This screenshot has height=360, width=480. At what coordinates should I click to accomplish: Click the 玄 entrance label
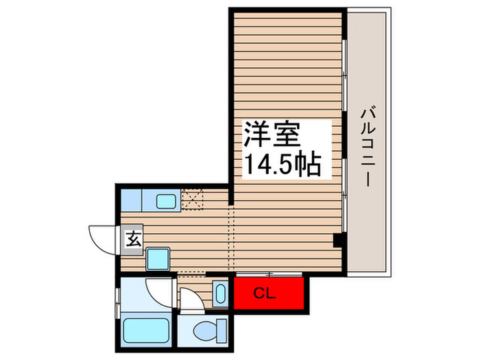click(133, 240)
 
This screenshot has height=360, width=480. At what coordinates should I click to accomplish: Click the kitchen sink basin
click(165, 202)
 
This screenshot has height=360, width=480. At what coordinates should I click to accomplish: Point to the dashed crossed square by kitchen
click(194, 200)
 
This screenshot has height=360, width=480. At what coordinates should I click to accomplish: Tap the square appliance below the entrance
click(158, 260)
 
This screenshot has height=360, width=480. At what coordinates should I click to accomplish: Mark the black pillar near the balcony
click(337, 241)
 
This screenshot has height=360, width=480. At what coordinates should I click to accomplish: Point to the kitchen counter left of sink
click(130, 200)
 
